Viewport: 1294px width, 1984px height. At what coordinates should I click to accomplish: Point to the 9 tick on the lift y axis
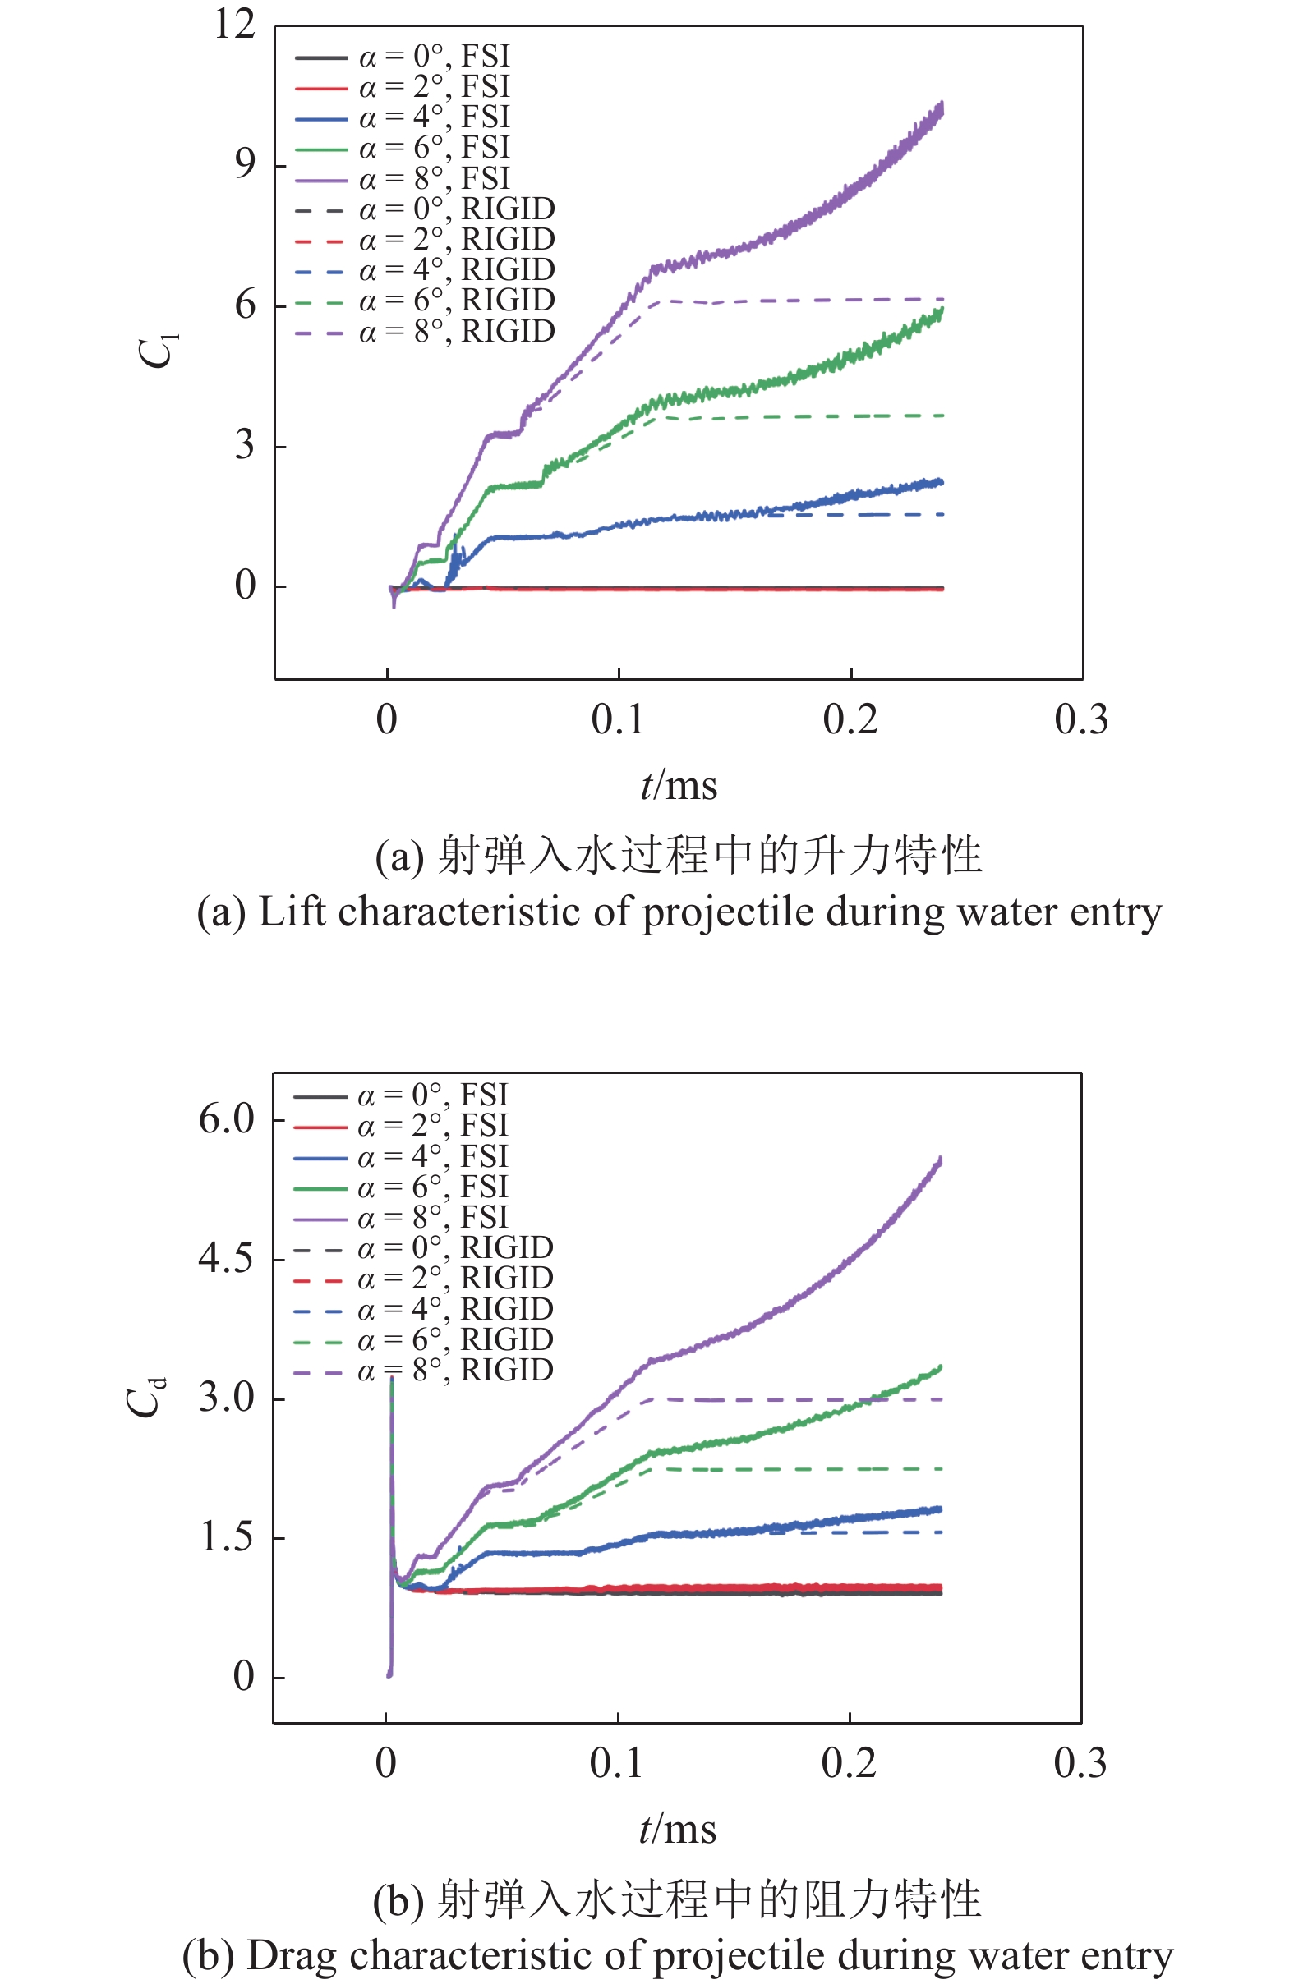click(x=244, y=164)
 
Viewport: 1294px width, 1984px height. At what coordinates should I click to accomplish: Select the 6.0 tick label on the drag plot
click(x=225, y=1118)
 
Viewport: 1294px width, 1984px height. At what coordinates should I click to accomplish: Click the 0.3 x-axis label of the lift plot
click(x=1080, y=719)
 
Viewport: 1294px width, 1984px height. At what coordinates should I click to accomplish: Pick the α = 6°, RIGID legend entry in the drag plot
click(x=454, y=1339)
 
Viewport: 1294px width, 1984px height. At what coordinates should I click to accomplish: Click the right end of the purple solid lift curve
click(x=942, y=107)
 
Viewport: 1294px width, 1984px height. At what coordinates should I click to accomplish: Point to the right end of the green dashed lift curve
click(x=942, y=416)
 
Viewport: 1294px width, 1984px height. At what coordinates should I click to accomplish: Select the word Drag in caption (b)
click(x=292, y=1955)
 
